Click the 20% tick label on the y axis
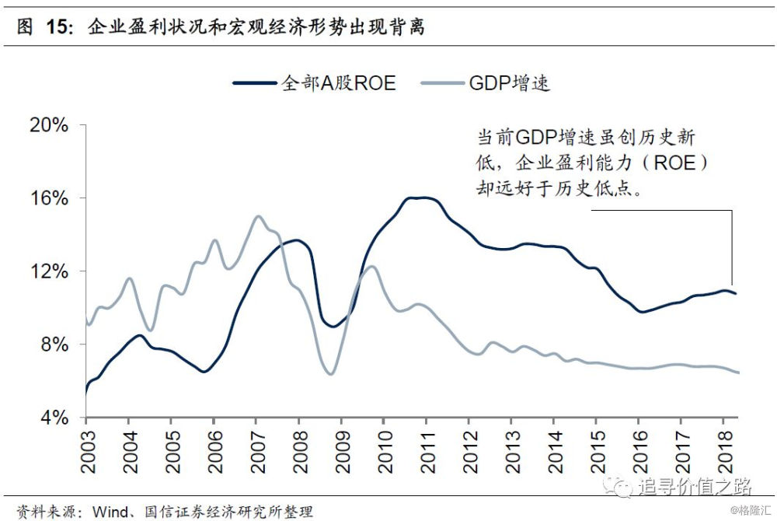[49, 126]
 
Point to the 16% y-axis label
[49, 199]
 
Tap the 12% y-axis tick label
[49, 272]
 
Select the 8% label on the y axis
[54, 345]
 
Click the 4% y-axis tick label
[54, 418]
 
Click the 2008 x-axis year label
[298, 451]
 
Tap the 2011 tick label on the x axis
[426, 451]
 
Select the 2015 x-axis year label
[596, 451]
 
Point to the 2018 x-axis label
[723, 451]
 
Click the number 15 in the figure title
[57, 28]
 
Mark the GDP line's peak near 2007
[258, 216]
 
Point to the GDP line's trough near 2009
[330, 374]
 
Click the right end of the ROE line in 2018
[736, 293]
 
